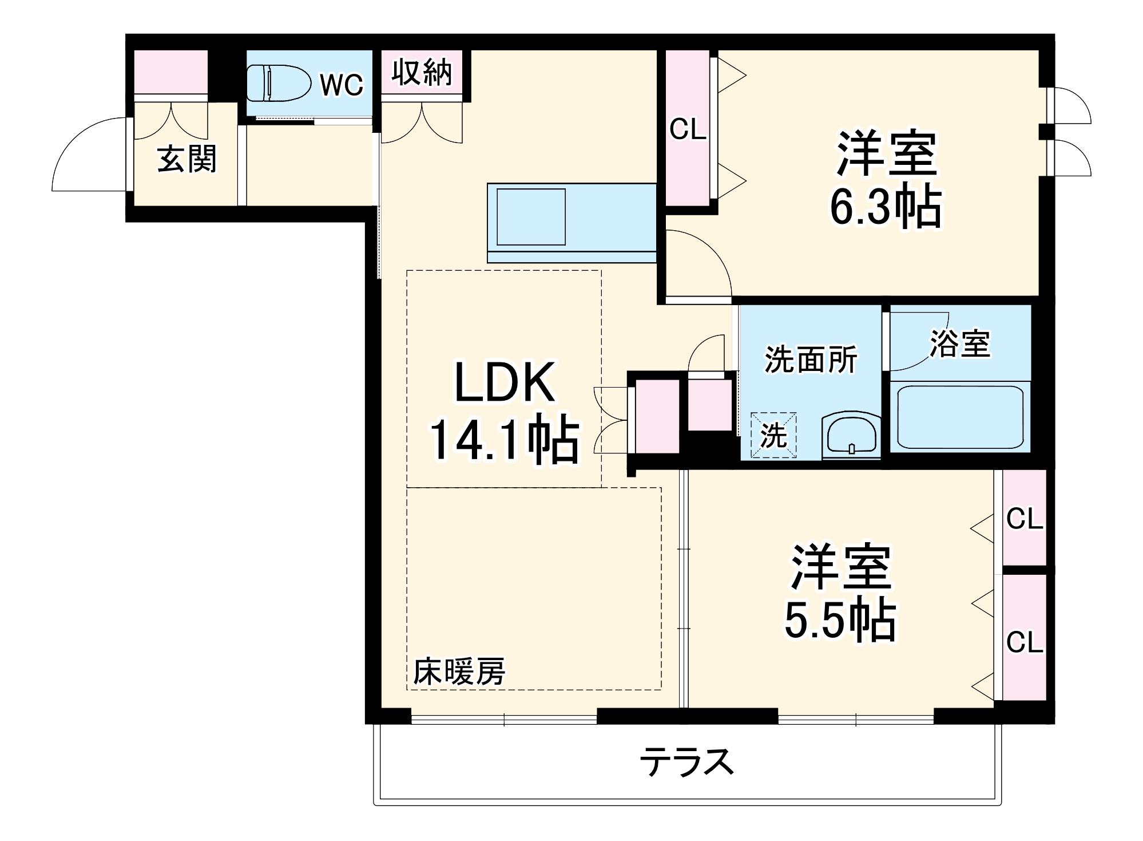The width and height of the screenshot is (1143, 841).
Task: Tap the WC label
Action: (x=342, y=85)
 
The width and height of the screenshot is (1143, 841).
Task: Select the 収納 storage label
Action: (x=422, y=73)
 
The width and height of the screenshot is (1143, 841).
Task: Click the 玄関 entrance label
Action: (x=186, y=159)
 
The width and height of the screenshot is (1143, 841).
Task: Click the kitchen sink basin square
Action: (x=531, y=217)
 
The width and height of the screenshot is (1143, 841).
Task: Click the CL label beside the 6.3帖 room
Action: (x=687, y=129)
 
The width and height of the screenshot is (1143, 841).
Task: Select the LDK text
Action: (x=505, y=383)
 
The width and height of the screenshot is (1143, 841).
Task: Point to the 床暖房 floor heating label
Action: (x=459, y=672)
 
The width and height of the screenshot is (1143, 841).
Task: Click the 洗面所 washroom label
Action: (x=811, y=360)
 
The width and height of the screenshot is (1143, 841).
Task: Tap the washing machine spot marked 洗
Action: (x=773, y=435)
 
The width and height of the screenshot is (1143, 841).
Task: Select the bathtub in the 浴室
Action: (x=960, y=417)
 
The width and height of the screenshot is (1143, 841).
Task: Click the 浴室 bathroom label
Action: (x=959, y=344)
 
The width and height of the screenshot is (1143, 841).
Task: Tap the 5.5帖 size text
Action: (x=839, y=621)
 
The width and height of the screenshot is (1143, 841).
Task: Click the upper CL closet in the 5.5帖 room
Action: (x=1024, y=519)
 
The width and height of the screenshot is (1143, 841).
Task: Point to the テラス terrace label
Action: (x=686, y=762)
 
